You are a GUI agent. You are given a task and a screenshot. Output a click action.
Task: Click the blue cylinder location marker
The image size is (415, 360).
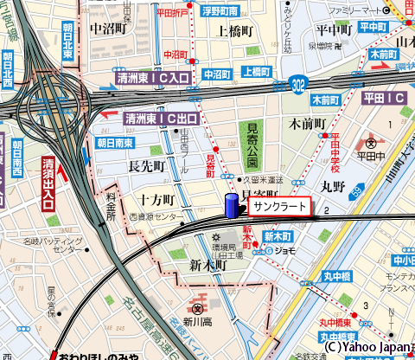pos(231,208)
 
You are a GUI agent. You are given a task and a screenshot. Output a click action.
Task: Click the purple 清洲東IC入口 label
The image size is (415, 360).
pos(154,79)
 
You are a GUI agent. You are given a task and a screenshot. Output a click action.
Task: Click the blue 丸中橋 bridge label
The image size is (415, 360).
pos(332,278)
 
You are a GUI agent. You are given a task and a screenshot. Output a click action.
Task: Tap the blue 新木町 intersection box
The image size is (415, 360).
pos(280,236)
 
